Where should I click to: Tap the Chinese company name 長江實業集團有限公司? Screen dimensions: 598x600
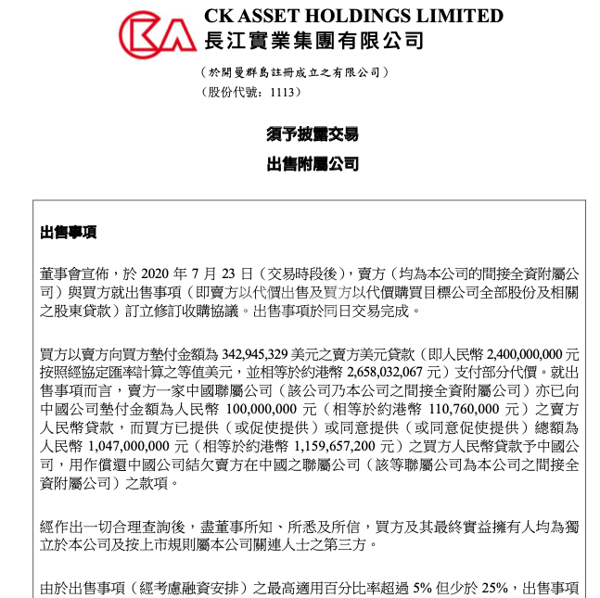(313, 40)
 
